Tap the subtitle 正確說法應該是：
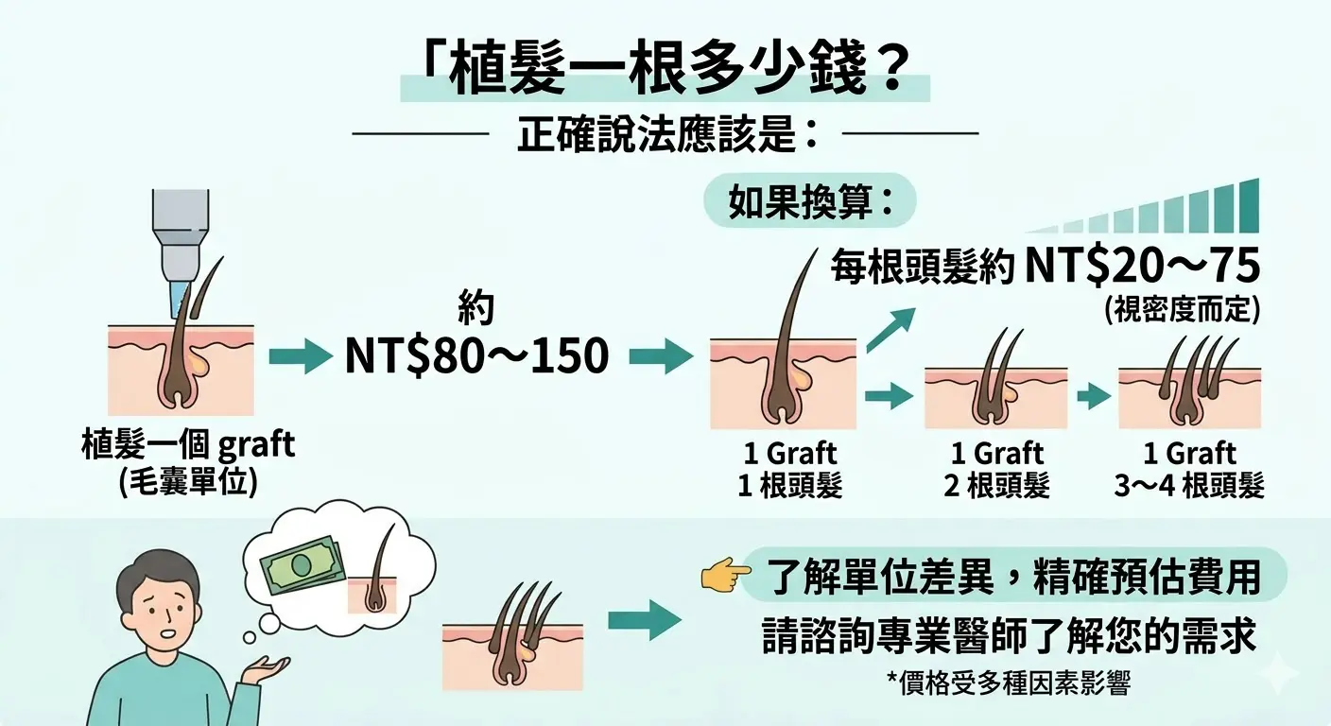coord(666,135)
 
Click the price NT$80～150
coord(476,355)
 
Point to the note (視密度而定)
coord(1181,311)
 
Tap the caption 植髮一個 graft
coord(188,444)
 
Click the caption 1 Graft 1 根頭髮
coord(788,469)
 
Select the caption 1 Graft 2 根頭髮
coord(996,469)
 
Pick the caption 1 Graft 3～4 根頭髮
coord(1188,469)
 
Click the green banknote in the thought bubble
coord(302,565)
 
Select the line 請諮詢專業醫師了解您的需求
coord(1009,638)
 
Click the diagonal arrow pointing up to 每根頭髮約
coord(890,328)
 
